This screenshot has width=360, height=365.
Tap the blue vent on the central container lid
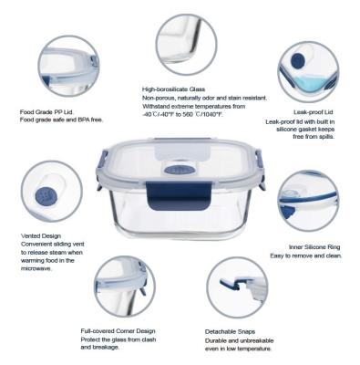click(x=180, y=170)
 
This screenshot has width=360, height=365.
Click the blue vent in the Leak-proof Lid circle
click(x=301, y=62)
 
